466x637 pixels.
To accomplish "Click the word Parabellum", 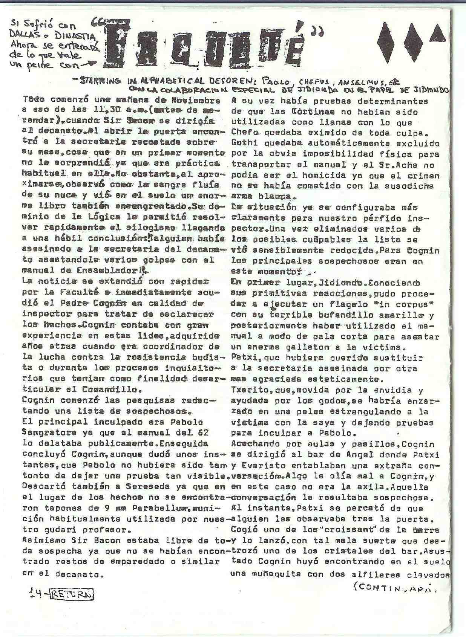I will [158, 509].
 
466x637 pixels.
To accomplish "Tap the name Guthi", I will [243, 144].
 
